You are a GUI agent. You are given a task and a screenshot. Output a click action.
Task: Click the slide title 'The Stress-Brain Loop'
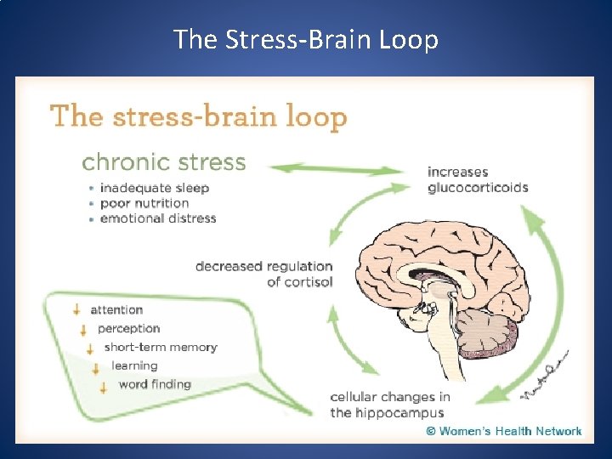[306, 38]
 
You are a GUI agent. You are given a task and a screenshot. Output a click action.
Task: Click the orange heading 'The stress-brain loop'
[199, 116]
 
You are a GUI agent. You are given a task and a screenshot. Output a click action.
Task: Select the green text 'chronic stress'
[163, 161]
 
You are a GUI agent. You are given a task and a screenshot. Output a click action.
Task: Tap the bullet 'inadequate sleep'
[154, 188]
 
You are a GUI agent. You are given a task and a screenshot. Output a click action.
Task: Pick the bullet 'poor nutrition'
[144, 203]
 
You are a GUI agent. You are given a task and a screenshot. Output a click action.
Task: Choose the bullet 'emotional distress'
[157, 218]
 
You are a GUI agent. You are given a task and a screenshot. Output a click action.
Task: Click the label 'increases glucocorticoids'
[478, 180]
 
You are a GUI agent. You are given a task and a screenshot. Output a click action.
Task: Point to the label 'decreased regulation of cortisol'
[264, 274]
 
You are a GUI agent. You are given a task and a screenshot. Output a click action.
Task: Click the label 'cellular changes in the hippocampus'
[390, 405]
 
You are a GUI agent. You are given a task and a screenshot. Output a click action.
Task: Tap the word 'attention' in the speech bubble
[116, 309]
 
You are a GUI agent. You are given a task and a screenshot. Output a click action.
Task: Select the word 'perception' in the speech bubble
[128, 328]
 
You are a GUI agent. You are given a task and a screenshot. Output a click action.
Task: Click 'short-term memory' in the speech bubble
[160, 347]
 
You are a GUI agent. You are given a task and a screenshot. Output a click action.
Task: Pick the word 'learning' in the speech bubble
[134, 365]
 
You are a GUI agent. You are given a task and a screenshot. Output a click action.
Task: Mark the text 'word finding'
[155, 384]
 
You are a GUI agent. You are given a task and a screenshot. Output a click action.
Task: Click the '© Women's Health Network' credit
[504, 431]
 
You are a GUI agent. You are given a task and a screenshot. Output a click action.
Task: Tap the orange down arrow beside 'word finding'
[103, 387]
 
